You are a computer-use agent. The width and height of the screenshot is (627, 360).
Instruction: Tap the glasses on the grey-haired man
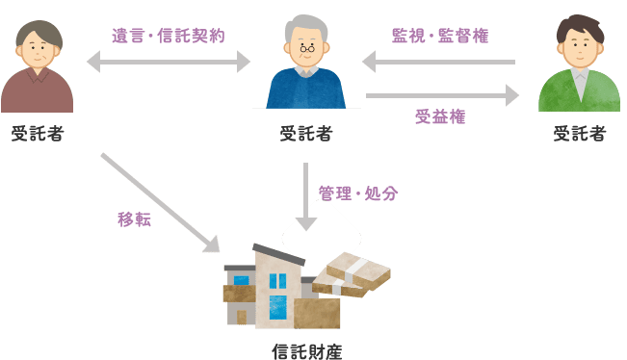coord(306,47)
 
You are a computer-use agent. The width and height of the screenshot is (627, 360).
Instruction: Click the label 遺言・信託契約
coord(169,36)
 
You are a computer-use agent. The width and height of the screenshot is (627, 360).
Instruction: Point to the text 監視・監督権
coord(440,36)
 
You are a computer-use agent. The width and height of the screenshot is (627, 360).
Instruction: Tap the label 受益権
coord(440,116)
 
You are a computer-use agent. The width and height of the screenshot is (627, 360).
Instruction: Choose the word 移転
coord(134,219)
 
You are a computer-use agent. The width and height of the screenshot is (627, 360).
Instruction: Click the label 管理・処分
coord(358,193)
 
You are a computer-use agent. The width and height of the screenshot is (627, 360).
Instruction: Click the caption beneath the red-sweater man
coord(39,134)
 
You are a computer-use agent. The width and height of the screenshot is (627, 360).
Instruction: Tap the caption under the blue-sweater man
coord(306,134)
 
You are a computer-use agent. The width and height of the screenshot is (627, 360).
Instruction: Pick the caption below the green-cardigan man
coord(580,134)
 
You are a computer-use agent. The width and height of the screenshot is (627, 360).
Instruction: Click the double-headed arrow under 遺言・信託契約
coord(168,62)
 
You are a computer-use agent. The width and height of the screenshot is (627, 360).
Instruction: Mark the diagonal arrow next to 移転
coord(160,202)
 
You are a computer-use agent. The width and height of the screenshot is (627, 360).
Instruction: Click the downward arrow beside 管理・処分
coord(306,196)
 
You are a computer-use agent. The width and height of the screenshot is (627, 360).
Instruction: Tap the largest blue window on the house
coord(278,306)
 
